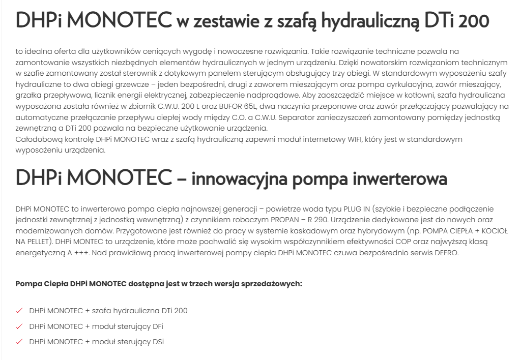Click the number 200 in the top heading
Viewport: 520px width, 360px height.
[473, 21]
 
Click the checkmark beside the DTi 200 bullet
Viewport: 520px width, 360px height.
[19, 311]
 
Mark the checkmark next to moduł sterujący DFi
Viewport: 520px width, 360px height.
[19, 326]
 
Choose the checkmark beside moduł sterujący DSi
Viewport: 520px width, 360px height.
[19, 342]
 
